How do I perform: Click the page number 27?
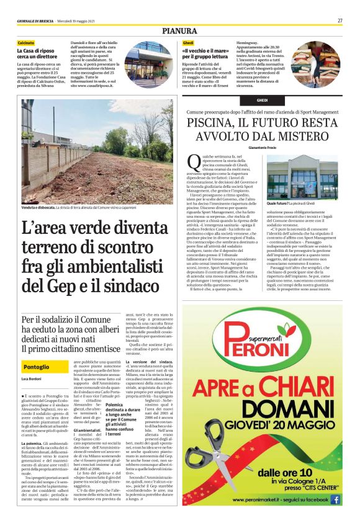(x=340, y=20)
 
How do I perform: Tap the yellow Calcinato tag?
(x=26, y=42)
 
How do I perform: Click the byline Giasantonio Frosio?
(x=262, y=148)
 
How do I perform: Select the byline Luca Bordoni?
(x=32, y=378)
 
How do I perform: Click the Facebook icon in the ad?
(x=335, y=498)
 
